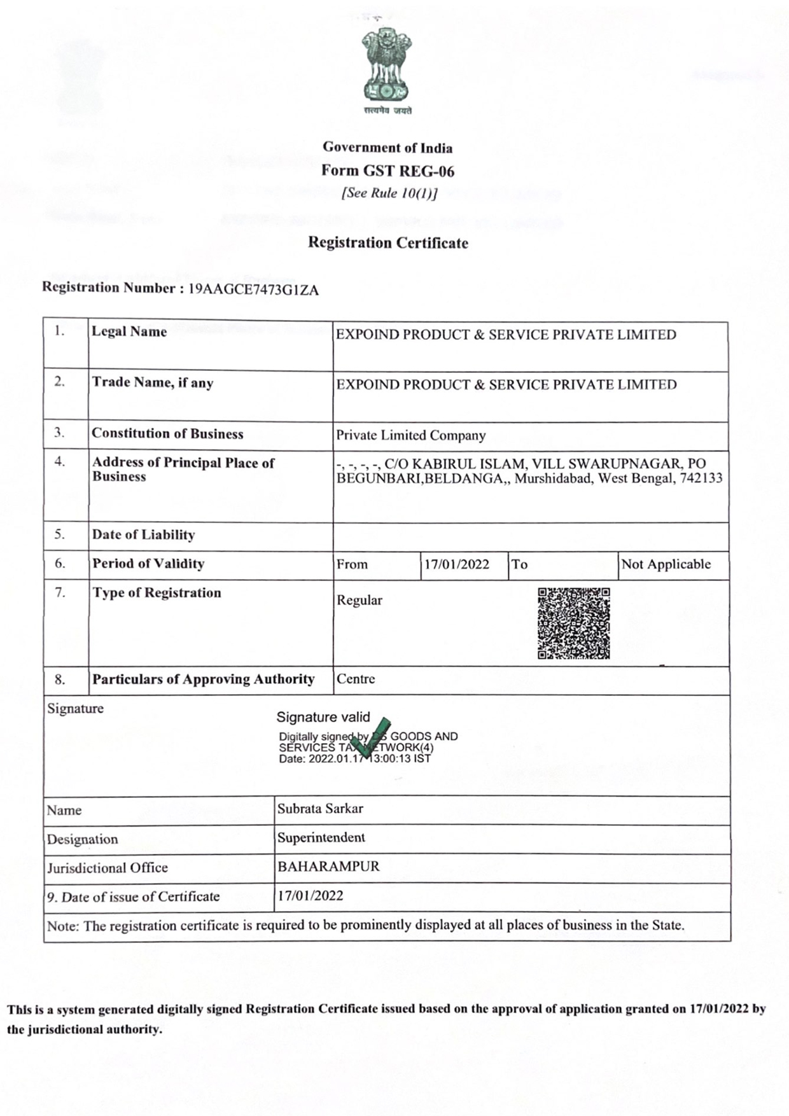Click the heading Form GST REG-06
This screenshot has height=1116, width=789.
(388, 171)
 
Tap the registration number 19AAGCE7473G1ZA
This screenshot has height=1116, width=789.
(254, 290)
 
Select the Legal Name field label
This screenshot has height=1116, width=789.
(129, 331)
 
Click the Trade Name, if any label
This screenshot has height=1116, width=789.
(153, 382)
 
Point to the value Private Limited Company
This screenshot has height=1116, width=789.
(410, 435)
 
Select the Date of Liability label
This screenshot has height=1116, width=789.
(143, 534)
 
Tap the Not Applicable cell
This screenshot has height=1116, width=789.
(666, 564)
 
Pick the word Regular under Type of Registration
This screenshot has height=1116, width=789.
(360, 600)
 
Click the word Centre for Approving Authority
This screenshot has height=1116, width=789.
(356, 679)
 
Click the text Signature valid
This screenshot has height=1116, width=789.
(323, 717)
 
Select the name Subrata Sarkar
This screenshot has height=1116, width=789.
(320, 809)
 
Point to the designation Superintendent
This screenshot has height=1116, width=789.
(321, 837)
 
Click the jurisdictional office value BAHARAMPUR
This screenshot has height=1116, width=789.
(328, 867)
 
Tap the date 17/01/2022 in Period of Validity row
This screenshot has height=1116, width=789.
(457, 564)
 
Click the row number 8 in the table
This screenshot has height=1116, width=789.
(60, 680)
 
